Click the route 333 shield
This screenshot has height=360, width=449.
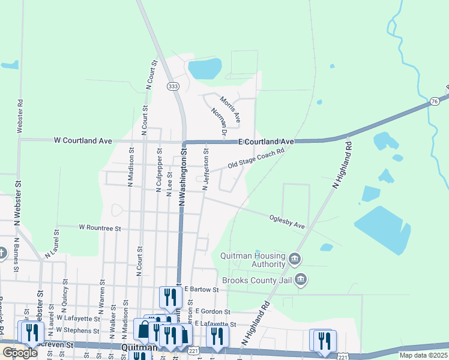[x=173, y=86]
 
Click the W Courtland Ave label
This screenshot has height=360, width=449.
[x=83, y=140]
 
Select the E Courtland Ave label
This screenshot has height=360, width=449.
[x=266, y=141]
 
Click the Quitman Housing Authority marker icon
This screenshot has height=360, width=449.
[x=294, y=259]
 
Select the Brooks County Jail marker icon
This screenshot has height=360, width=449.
[x=301, y=280]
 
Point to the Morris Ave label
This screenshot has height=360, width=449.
[x=229, y=109]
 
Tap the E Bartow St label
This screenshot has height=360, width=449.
[x=202, y=289]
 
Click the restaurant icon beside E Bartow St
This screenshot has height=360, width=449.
[x=170, y=296]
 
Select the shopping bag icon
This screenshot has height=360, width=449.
[x=144, y=329]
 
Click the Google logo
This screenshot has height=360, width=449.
[x=20, y=353]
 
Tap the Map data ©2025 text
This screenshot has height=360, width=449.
[x=423, y=355]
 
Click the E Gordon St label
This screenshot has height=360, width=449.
[x=212, y=311]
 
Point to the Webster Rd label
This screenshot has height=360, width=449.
[x=20, y=116]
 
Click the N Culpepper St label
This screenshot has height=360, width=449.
[x=158, y=176]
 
